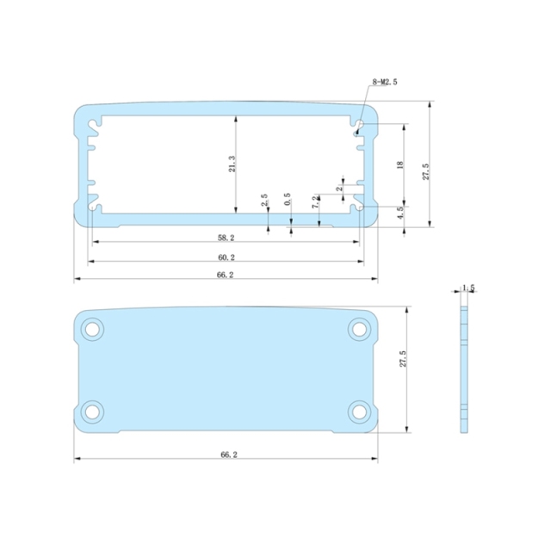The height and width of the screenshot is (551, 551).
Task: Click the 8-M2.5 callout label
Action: click(x=385, y=82)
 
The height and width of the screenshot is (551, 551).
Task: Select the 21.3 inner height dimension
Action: click(x=232, y=164)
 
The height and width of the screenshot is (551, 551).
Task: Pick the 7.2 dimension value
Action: click(x=316, y=202)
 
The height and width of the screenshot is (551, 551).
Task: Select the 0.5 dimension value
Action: click(x=288, y=200)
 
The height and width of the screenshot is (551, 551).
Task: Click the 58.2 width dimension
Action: click(x=226, y=236)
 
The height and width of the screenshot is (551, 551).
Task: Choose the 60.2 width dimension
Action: click(x=226, y=257)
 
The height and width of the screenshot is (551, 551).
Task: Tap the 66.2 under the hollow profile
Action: click(x=226, y=275)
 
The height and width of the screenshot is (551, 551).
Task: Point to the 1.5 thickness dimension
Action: click(x=468, y=288)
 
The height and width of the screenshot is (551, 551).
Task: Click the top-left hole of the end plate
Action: click(x=92, y=329)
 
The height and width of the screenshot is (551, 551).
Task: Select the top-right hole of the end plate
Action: click(x=359, y=329)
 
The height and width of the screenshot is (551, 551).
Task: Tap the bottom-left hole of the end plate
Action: click(x=92, y=411)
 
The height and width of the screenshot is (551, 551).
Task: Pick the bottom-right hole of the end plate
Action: click(x=359, y=411)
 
